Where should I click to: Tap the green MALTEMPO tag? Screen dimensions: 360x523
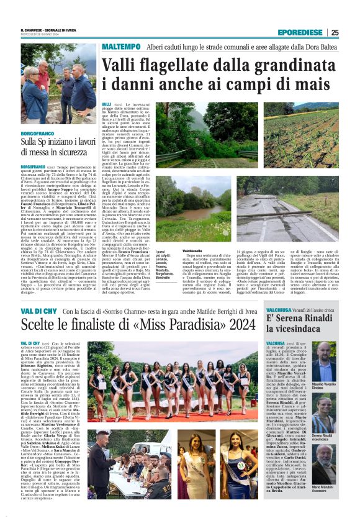(122, 47)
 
